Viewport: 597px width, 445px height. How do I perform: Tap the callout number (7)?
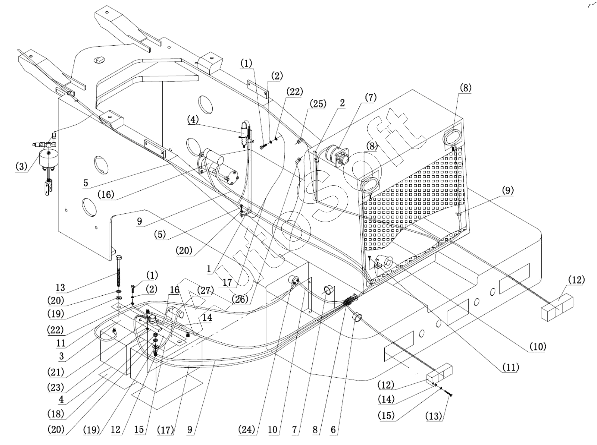point(370,97)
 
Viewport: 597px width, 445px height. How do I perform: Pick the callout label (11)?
point(510,367)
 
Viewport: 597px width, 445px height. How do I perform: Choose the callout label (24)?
point(247,430)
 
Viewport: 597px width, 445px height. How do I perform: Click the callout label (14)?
point(386,399)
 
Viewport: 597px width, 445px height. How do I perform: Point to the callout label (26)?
point(240,299)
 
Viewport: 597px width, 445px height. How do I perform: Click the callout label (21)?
point(56,372)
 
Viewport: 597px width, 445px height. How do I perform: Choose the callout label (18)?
point(56,414)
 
